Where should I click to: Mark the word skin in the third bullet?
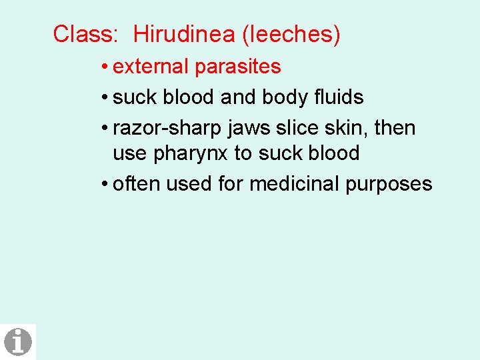(x=346, y=127)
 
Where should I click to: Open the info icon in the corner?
(x=18, y=341)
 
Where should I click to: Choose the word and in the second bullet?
(x=238, y=97)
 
